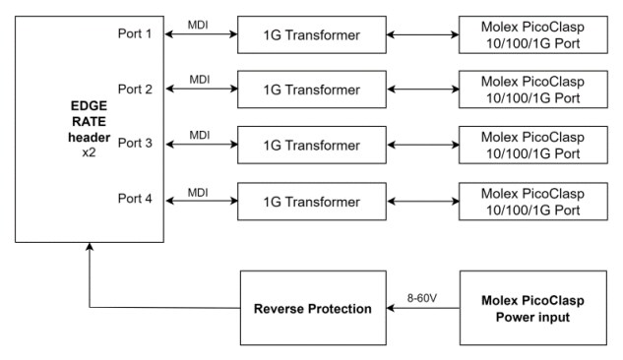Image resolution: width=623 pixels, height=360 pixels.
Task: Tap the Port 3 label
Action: [135, 144]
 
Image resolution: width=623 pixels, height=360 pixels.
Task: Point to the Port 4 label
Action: [135, 198]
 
